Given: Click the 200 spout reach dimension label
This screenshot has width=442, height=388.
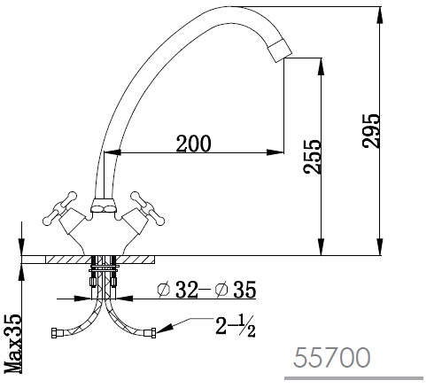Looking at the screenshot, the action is pos(194,144).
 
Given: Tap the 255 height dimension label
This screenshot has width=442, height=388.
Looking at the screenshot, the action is pos(312,157).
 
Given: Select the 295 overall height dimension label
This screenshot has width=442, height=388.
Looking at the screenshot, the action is pos(370,131).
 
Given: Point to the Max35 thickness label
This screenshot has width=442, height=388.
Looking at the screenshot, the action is pos(13,344).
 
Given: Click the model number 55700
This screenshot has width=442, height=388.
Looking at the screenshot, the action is pos(332,358).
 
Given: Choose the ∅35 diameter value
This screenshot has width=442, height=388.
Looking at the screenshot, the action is pos(236,290).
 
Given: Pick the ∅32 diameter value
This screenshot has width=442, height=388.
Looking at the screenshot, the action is pos(177,290).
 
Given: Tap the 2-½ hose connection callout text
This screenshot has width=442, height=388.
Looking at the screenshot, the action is pos(235,326).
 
